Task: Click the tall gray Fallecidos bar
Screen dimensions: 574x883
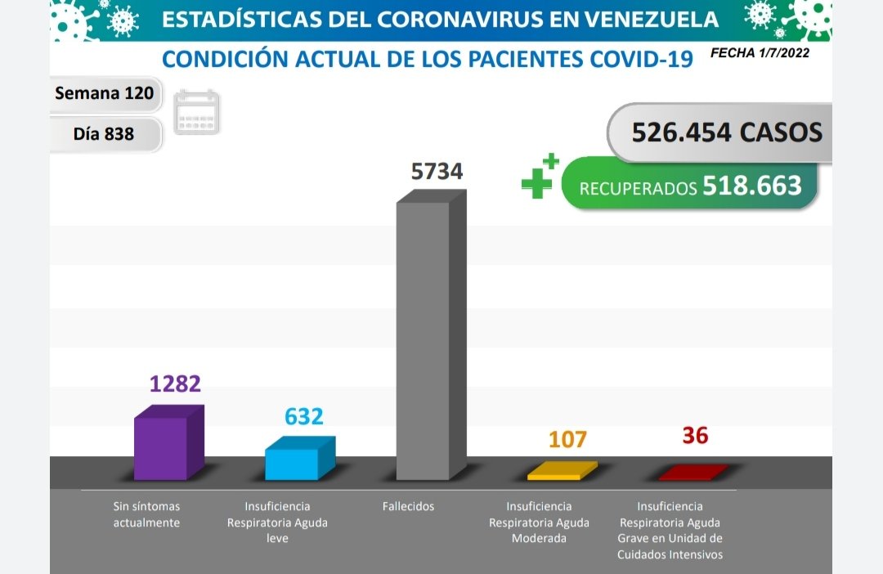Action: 424,339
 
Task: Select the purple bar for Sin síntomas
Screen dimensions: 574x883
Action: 162,447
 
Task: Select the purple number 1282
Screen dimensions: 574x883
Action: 175,383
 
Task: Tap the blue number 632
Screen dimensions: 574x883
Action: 304,416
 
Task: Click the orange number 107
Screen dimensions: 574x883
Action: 567,439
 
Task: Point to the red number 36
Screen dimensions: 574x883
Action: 695,435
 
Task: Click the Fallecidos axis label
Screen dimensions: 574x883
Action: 408,506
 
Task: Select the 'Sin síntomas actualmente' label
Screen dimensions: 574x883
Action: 146,514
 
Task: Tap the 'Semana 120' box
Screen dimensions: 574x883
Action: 104,93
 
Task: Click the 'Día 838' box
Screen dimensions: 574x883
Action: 104,132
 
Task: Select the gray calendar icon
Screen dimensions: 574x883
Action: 197,112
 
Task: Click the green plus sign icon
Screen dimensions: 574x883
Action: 539,176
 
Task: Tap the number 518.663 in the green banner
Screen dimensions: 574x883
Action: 751,186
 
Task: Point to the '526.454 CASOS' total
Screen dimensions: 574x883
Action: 726,132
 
